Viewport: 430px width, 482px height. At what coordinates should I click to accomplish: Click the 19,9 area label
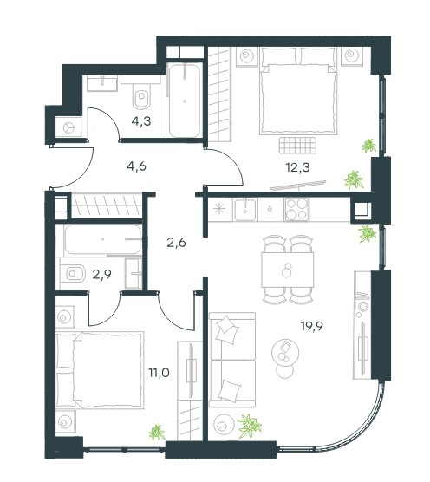(312, 326)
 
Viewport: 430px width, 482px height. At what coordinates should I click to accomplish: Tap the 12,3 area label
(297, 168)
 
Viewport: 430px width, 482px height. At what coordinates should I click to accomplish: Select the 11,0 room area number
(160, 373)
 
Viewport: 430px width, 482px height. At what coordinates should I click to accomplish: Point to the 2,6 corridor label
(176, 243)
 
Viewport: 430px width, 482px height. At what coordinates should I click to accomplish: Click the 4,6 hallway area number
(136, 166)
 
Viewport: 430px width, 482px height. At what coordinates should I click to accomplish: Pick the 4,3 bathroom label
(141, 121)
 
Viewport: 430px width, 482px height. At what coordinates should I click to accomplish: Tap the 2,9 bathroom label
(101, 274)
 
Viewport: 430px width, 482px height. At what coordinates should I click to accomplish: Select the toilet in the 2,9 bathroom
(73, 273)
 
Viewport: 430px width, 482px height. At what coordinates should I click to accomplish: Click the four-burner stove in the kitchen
(296, 209)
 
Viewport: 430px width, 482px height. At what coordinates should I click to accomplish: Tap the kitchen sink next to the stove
(245, 210)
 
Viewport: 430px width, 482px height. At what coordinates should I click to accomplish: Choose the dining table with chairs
(288, 270)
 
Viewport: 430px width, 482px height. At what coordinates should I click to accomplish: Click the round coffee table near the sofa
(285, 353)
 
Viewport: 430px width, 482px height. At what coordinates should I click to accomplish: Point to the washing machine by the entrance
(68, 127)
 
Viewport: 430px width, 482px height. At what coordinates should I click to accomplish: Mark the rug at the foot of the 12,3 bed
(298, 145)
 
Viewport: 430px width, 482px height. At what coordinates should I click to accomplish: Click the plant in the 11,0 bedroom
(157, 433)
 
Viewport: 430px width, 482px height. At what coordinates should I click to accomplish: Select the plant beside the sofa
(249, 426)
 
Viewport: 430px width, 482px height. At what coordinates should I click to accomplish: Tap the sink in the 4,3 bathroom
(102, 84)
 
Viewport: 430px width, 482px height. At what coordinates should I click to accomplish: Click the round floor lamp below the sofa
(224, 425)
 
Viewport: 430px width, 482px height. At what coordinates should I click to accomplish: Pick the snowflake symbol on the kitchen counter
(219, 209)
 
